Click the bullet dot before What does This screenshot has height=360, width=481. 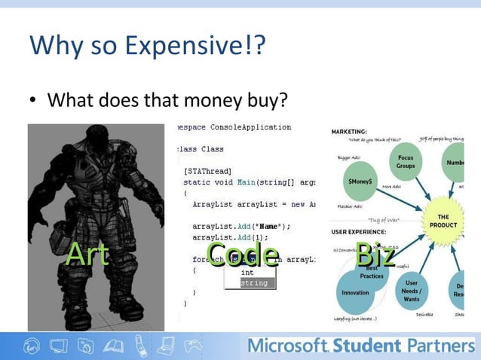point(34,100)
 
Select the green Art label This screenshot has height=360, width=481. point(87,255)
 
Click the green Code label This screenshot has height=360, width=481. point(242,254)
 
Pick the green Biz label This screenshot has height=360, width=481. point(375,254)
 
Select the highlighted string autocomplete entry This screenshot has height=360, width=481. point(253,283)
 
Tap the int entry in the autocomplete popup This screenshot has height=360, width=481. point(247,272)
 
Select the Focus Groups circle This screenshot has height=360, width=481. point(404,162)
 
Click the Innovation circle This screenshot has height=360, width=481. point(355,292)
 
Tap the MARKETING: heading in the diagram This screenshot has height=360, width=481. point(348,130)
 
